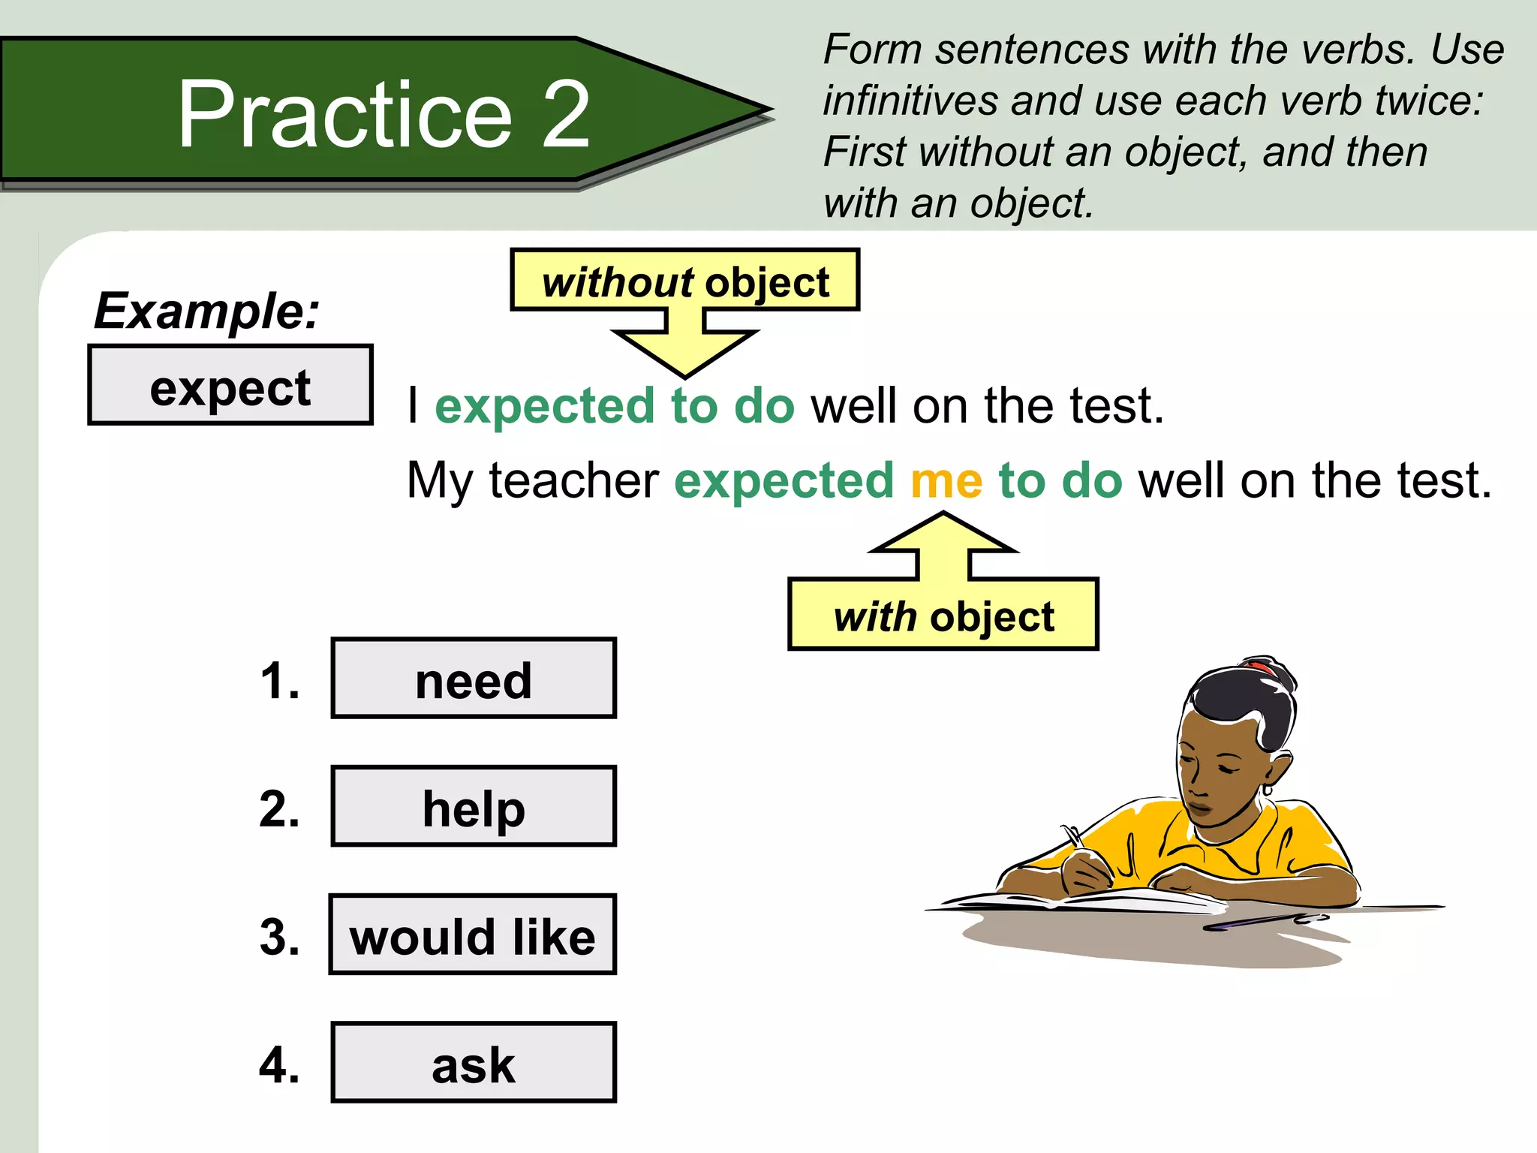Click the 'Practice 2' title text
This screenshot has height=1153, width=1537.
point(383,114)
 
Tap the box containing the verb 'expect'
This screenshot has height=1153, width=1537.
point(230,386)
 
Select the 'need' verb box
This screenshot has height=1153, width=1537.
point(474,679)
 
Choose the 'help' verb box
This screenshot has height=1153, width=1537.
point(474,807)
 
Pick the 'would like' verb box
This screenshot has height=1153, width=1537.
point(473,935)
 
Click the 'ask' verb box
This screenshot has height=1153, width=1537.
point(474,1063)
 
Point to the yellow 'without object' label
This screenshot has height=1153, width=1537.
point(684,281)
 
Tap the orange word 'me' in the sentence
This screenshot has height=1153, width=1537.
point(946,480)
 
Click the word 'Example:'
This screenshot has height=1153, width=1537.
point(206,311)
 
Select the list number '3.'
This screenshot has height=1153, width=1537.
point(279,937)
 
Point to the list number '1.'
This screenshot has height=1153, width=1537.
point(279,682)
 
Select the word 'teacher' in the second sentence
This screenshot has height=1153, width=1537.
point(574,480)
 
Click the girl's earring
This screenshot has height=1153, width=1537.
point(1267,789)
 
